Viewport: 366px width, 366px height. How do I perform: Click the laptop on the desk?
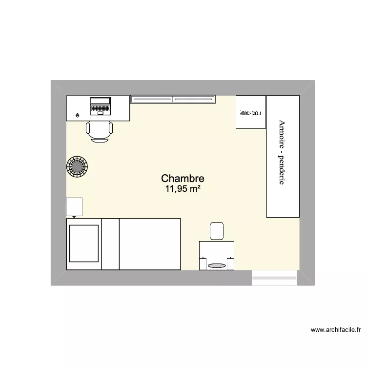pos(100,106)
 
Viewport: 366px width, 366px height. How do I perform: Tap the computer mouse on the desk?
pos(78,115)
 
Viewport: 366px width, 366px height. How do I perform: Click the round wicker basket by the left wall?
pos(77,167)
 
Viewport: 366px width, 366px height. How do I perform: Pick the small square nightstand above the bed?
pos(74,206)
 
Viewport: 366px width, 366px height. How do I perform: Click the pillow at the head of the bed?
pos(83,244)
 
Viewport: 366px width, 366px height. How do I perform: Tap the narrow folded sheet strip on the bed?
pos(110,244)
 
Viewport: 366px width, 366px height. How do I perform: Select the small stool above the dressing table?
pos(217,231)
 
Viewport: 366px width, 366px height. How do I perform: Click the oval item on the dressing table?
pos(217,265)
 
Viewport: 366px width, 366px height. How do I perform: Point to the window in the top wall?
pos(173,99)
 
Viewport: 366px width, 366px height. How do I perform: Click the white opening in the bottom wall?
pos(274,278)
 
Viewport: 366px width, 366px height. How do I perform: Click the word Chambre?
pos(182,179)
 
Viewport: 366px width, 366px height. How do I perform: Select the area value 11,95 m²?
pos(182,189)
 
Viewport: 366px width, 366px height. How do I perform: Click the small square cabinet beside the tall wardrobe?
pos(250,112)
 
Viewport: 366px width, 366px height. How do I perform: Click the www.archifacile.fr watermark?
pos(336,330)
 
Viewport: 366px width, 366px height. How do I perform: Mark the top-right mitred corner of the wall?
pos(307,88)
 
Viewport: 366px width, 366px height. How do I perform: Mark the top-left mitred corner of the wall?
pos(59,88)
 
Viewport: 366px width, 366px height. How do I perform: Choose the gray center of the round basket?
pos(77,167)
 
